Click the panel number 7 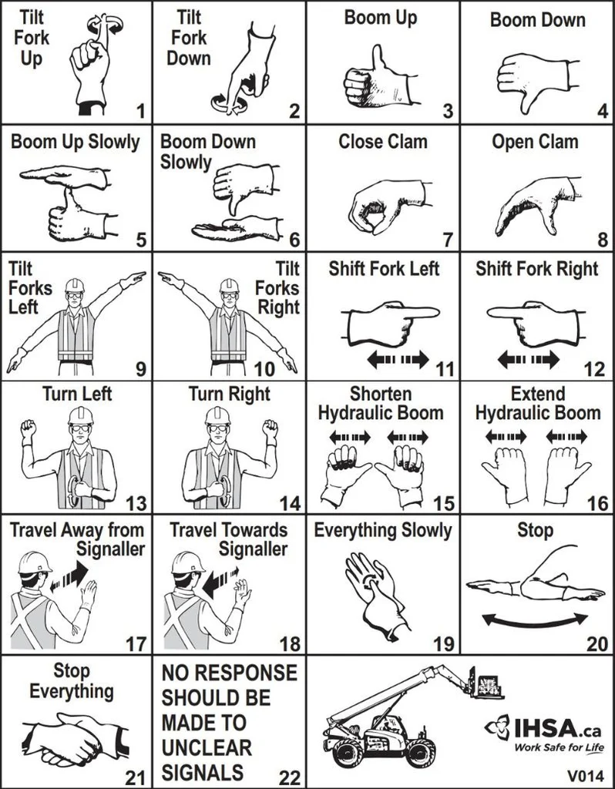[x=448, y=240]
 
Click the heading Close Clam [x=383, y=142]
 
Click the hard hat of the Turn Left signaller [x=80, y=415]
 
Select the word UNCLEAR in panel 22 [x=207, y=747]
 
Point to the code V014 [x=584, y=774]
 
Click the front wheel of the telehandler [x=421, y=751]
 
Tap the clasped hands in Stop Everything [x=73, y=738]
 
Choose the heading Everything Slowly [x=383, y=530]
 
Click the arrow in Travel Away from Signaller [x=68, y=579]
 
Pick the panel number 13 [x=136, y=505]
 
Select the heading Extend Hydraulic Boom [x=537, y=404]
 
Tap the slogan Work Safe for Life [x=559, y=747]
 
